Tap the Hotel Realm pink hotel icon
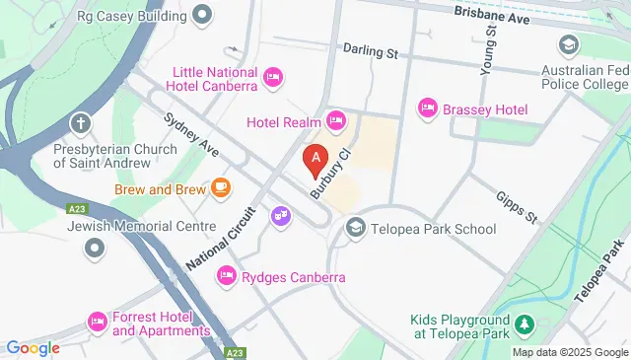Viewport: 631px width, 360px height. [x=336, y=121]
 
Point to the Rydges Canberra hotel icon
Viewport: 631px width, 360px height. [x=227, y=276]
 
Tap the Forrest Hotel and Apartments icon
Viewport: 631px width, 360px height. [x=97, y=323]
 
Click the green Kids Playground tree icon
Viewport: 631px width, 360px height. [x=525, y=324]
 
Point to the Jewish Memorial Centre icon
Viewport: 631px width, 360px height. [x=95, y=248]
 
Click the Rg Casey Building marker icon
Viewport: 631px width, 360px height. [x=203, y=15]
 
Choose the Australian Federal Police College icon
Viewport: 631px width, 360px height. [x=569, y=45]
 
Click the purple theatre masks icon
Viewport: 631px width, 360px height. [x=281, y=214]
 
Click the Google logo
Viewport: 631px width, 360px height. [x=33, y=347]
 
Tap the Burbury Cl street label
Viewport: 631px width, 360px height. [x=332, y=175]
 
